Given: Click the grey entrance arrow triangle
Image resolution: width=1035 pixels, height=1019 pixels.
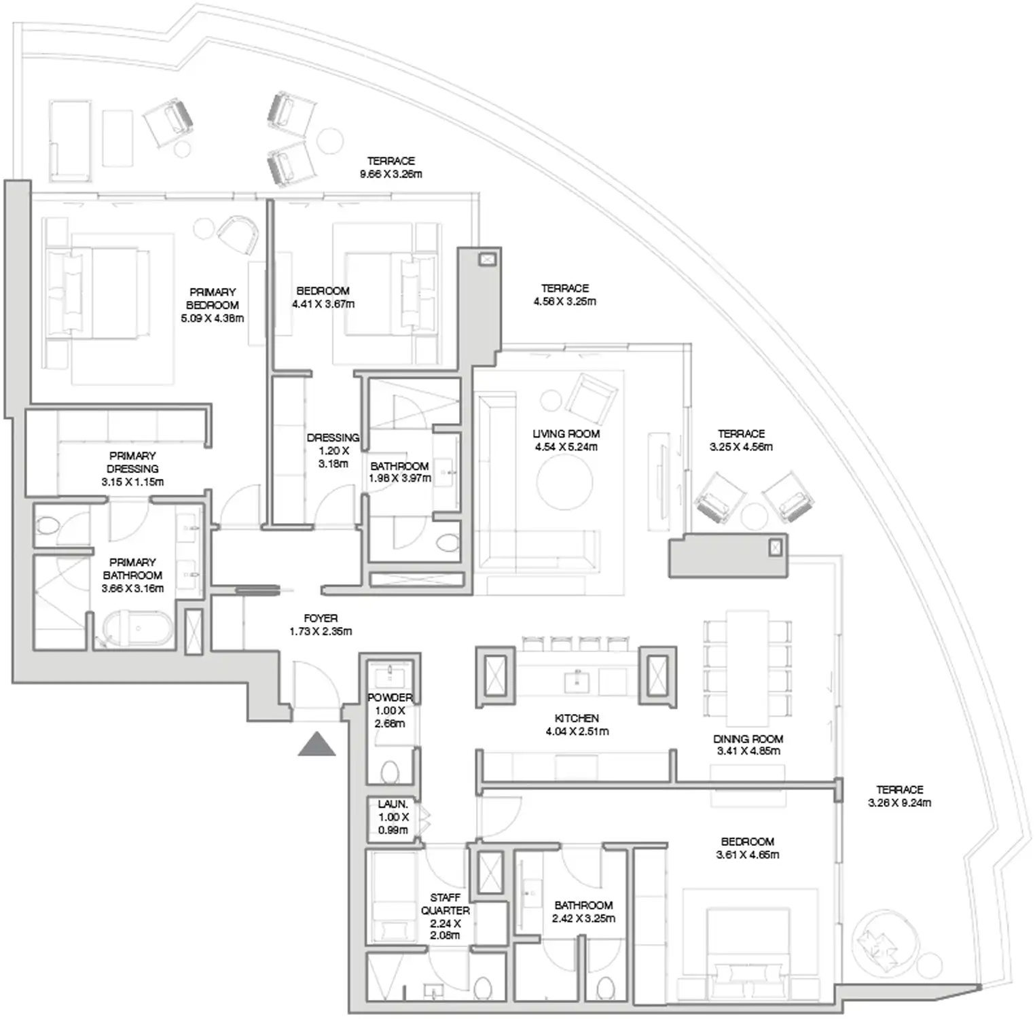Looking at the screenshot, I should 316,745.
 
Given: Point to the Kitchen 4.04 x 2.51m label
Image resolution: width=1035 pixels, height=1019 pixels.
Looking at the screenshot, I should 577,725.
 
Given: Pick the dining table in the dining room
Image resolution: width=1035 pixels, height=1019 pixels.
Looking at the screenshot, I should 747,668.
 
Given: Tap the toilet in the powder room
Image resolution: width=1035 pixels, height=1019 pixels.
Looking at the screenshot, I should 390,772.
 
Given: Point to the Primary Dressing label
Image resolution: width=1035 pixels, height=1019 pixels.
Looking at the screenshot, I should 132,463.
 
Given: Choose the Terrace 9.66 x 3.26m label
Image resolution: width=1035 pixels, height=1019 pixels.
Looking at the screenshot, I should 391,167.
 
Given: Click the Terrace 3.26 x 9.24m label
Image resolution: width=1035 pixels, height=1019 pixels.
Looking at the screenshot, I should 899,796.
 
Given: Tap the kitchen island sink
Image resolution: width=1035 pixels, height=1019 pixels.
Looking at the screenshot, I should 577,680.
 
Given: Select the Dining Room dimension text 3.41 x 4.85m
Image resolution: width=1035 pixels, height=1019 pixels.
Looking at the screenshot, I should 748,751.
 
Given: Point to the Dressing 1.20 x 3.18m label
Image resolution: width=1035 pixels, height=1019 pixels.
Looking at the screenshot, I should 333,450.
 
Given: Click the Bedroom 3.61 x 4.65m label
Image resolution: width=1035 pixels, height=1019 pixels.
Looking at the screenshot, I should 747,848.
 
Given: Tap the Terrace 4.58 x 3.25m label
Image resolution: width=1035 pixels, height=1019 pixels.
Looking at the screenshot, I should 564,295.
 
